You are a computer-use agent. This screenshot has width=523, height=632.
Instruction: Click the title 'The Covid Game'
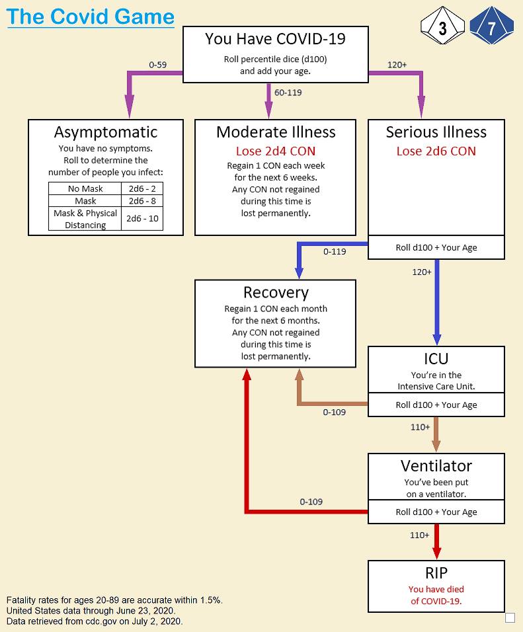pyautogui.click(x=91, y=17)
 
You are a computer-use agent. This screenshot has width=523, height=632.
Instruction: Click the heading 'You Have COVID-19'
pyautogui.click(x=275, y=39)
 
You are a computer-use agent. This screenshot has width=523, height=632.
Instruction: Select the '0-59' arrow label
pyautogui.click(x=158, y=65)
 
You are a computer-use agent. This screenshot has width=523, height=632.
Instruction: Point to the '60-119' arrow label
pyautogui.click(x=288, y=93)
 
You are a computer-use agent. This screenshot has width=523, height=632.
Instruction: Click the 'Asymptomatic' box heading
pyautogui.click(x=106, y=132)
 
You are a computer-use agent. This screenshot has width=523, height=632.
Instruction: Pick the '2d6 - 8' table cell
pyautogui.click(x=142, y=201)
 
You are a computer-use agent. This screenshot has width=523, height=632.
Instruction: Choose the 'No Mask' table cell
pyautogui.click(x=85, y=189)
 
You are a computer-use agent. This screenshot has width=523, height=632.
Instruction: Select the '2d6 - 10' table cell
pyautogui.click(x=142, y=219)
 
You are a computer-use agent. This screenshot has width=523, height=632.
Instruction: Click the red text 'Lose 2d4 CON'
pyautogui.click(x=276, y=151)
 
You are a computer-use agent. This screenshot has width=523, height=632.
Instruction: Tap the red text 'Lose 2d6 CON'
pyautogui.click(x=436, y=151)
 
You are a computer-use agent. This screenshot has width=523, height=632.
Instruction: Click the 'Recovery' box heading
pyautogui.click(x=276, y=292)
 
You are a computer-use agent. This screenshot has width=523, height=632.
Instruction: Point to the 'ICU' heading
pyautogui.click(x=436, y=359)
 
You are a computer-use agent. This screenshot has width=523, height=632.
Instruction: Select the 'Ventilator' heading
pyautogui.click(x=436, y=466)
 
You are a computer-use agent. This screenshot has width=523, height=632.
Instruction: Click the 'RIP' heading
pyautogui.click(x=436, y=573)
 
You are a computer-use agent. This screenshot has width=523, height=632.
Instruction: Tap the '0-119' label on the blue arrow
pyautogui.click(x=335, y=251)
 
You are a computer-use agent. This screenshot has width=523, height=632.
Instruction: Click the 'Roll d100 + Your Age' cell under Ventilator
pyautogui.click(x=436, y=512)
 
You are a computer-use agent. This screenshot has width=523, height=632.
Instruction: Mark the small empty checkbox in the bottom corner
pyautogui.click(x=510, y=617)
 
